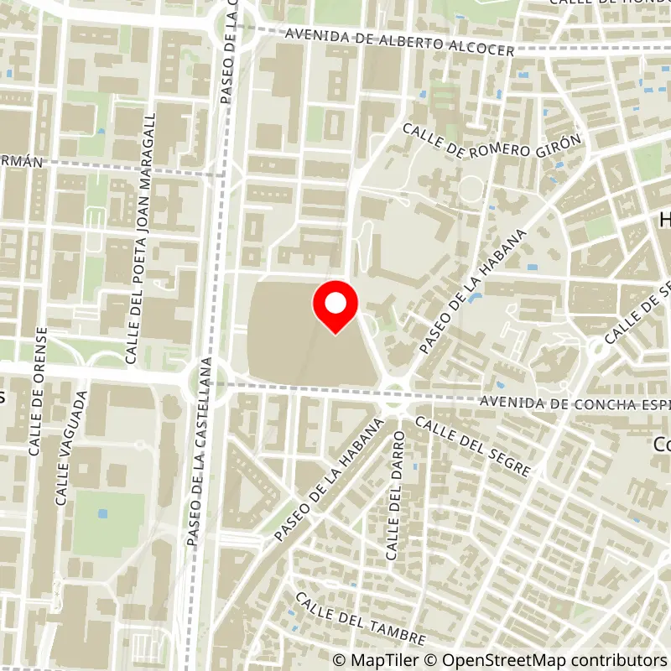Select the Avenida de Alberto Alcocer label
399,43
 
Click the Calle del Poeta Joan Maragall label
140,238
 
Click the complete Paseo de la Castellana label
200,453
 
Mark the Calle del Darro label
394,495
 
